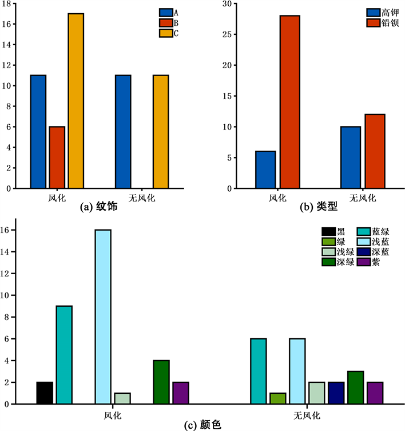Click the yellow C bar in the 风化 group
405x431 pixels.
coord(76,101)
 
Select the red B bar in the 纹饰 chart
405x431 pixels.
coord(57,157)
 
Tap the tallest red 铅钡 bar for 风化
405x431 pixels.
coord(289,102)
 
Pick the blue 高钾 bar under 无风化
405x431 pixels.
coord(351,157)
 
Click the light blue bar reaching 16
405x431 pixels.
coord(103,317)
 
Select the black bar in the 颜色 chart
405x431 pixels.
coord(45,393)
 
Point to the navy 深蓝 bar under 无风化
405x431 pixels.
coord(336,393)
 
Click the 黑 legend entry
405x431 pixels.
coord(335,232)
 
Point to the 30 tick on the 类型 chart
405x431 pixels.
coord(228,3)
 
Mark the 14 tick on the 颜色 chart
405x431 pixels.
coord(6,252)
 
